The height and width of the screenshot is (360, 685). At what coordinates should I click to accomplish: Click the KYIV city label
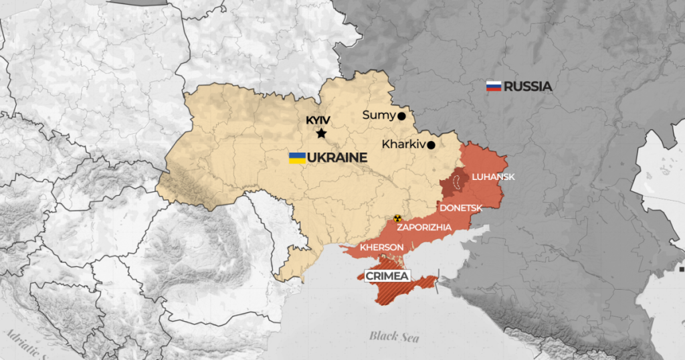[x=318, y=120]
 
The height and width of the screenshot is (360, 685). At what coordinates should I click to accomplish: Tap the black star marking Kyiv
[x=321, y=134]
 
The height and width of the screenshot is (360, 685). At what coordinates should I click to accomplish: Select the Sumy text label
[x=379, y=115]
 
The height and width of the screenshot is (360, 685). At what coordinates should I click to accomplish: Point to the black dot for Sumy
[x=401, y=116]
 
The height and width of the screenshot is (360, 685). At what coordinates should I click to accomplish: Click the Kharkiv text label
[x=403, y=144]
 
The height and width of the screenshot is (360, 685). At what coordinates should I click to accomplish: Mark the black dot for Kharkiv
[x=431, y=145]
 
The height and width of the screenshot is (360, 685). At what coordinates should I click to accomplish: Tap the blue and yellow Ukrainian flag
[x=297, y=158]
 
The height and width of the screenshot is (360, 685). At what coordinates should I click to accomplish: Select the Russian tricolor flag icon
[x=494, y=86]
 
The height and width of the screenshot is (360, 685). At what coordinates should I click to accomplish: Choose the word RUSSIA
[x=528, y=86]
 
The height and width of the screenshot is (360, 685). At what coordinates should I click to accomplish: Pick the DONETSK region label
[x=461, y=207]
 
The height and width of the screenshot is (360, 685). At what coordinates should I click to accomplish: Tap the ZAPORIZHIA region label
[x=424, y=228]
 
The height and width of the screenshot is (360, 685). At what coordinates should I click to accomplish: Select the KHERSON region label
[x=381, y=248]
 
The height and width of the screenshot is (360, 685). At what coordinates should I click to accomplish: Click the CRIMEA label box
[x=387, y=276]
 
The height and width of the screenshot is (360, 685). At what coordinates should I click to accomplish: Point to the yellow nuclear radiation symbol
[x=398, y=218]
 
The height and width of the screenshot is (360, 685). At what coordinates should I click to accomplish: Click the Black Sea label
[x=394, y=337]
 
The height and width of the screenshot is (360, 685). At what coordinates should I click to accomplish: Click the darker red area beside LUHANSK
[x=457, y=182]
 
